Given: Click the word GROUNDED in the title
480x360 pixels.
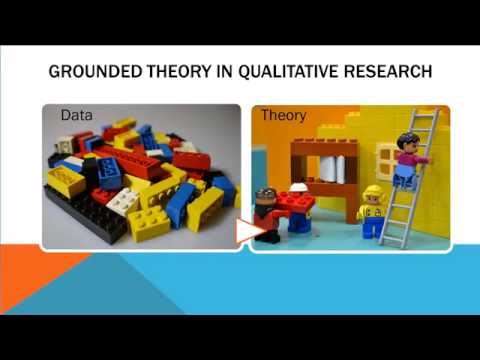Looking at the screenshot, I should (x=96, y=73).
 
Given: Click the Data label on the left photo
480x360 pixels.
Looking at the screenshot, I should (x=76, y=116).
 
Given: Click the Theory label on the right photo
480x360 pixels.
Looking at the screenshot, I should (x=283, y=116).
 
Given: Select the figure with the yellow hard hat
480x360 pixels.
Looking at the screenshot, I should (x=372, y=209).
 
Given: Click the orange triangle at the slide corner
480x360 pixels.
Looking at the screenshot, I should (x=35, y=280).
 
